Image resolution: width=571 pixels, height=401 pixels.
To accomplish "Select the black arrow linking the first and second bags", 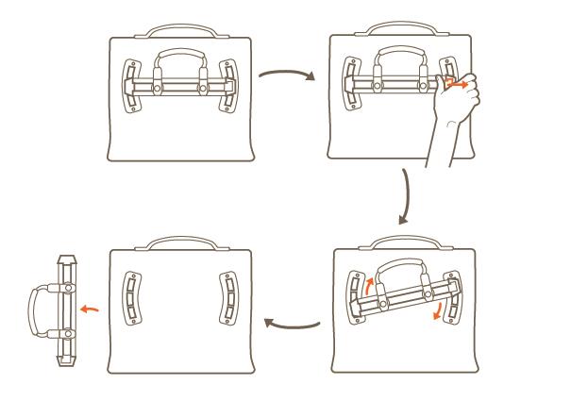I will tap(285, 77).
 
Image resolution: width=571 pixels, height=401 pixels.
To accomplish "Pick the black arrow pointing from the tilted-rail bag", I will tap(292, 324).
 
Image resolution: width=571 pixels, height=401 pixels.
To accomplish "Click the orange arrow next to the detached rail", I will tap(89, 307).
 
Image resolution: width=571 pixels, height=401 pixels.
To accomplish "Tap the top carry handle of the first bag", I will tap(181, 31).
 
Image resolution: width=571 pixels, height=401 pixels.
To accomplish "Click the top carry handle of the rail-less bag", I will tap(181, 243).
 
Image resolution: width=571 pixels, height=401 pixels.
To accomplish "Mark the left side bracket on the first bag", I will tap(132, 87).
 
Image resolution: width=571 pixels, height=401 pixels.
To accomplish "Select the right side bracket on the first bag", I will tap(227, 87).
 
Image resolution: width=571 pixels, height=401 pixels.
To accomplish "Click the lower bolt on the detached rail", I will tap(68, 335).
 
